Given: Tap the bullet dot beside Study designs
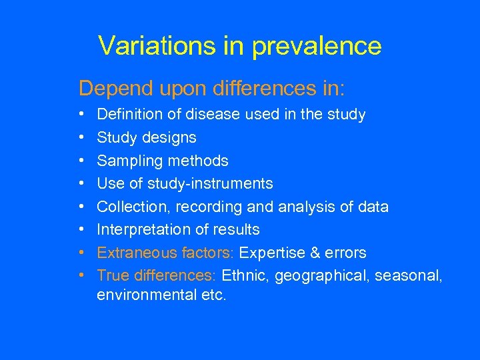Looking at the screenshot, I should (81, 138).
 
